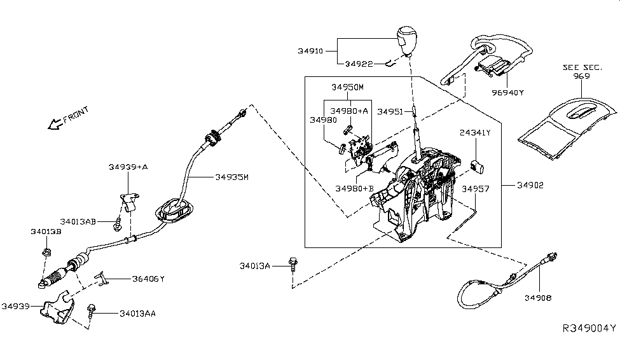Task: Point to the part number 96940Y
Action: pyautogui.click(x=507, y=93)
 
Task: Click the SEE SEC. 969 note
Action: pyautogui.click(x=576, y=71)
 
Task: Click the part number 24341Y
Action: pyautogui.click(x=475, y=132)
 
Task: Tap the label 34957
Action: pyautogui.click(x=476, y=189)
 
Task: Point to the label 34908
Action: pyautogui.click(x=537, y=297)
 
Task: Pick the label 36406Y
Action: pyautogui.click(x=149, y=279)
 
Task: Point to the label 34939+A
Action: pyautogui.click(x=128, y=167)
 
